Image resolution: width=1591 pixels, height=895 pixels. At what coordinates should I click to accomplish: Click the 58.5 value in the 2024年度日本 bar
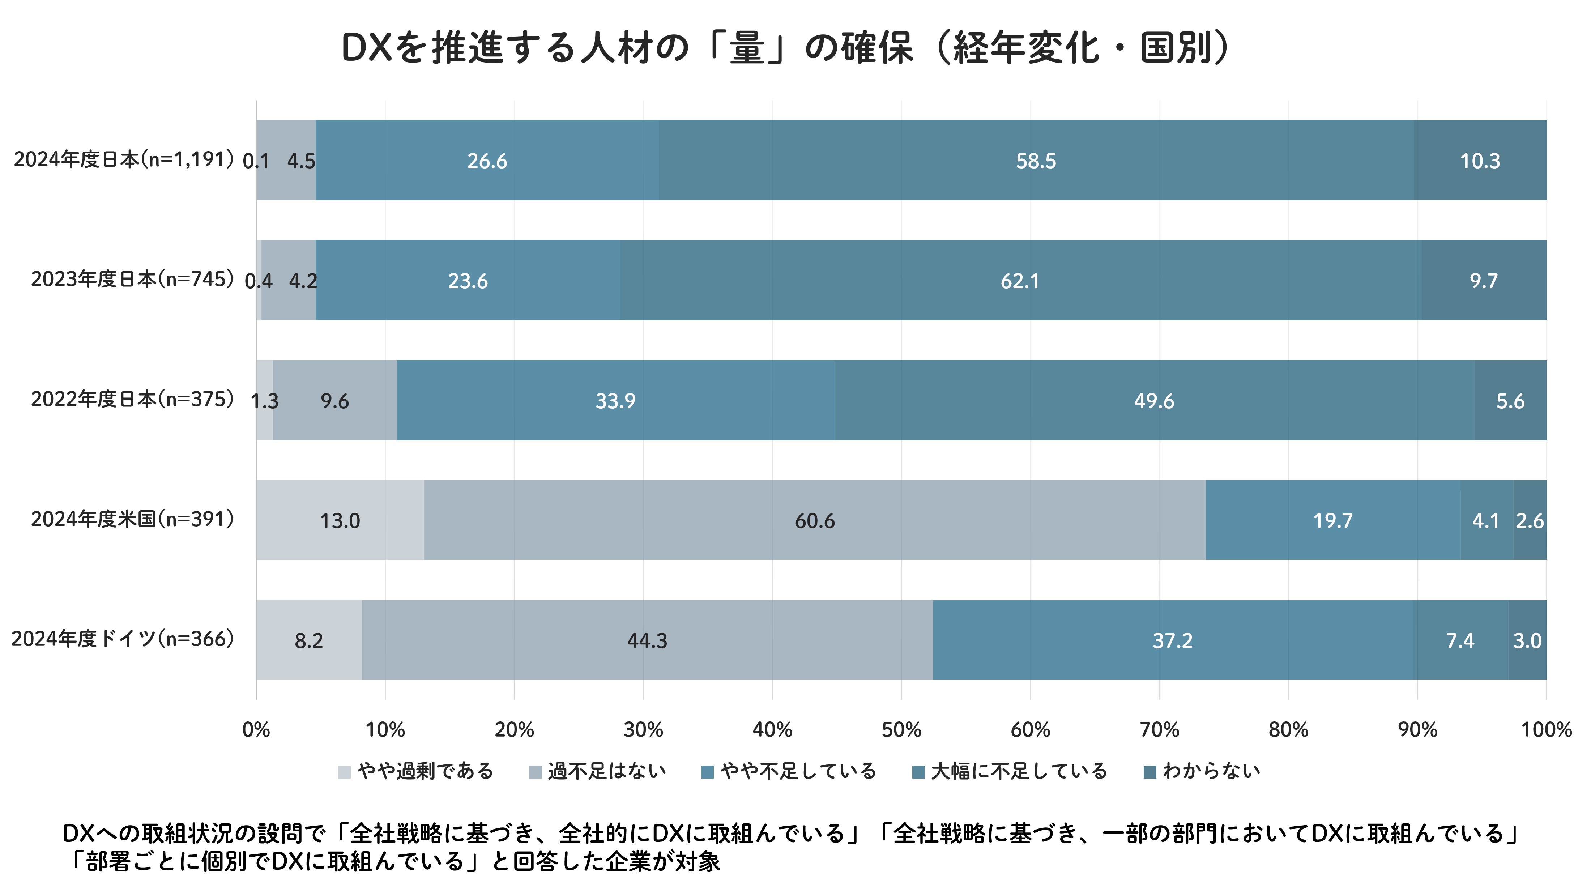pos(1036,161)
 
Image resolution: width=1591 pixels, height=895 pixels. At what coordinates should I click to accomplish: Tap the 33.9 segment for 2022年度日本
pos(615,401)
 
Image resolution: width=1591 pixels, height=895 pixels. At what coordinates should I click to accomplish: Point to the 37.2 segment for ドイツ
pos(1172,640)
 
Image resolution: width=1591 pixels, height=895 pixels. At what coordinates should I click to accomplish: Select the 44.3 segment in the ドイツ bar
pos(647,640)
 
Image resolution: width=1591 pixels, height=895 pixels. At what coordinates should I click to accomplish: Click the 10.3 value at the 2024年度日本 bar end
pos(1480,161)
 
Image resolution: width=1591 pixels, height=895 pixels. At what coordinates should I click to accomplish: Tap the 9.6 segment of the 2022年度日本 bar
pos(335,401)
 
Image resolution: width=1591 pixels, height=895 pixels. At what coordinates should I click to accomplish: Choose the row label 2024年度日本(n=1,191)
pos(124,159)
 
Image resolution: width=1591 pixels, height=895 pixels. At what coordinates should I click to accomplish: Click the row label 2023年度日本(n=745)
pos(132,279)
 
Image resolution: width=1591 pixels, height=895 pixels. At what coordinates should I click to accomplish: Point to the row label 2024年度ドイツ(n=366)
pos(122,639)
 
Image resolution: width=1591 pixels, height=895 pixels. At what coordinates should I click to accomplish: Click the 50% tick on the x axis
pos(901,729)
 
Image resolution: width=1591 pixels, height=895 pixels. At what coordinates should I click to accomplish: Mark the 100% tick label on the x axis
pos(1546,729)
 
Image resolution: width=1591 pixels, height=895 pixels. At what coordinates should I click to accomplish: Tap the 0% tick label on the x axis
pos(256,729)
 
